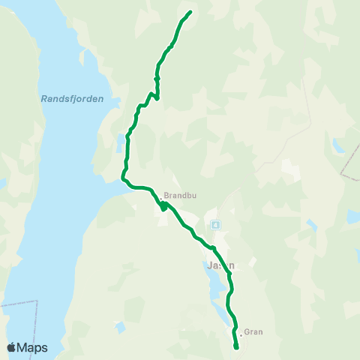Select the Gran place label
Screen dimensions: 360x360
coord(253,331)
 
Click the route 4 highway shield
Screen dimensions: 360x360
coord(215,224)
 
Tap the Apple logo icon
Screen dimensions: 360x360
coord(12,347)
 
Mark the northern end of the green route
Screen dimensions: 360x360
coord(190,12)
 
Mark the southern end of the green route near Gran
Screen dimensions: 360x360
coord(236,347)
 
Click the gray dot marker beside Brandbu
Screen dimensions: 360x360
coord(160,190)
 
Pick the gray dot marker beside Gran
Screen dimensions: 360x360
coord(239,331)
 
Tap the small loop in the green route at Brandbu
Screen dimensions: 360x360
coord(163,205)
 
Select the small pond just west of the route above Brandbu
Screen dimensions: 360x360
coord(121,140)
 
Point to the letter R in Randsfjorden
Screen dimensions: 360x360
coord(42,98)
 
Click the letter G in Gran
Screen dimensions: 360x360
coord(247,331)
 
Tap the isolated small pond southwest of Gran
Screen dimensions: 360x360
coord(120,327)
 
